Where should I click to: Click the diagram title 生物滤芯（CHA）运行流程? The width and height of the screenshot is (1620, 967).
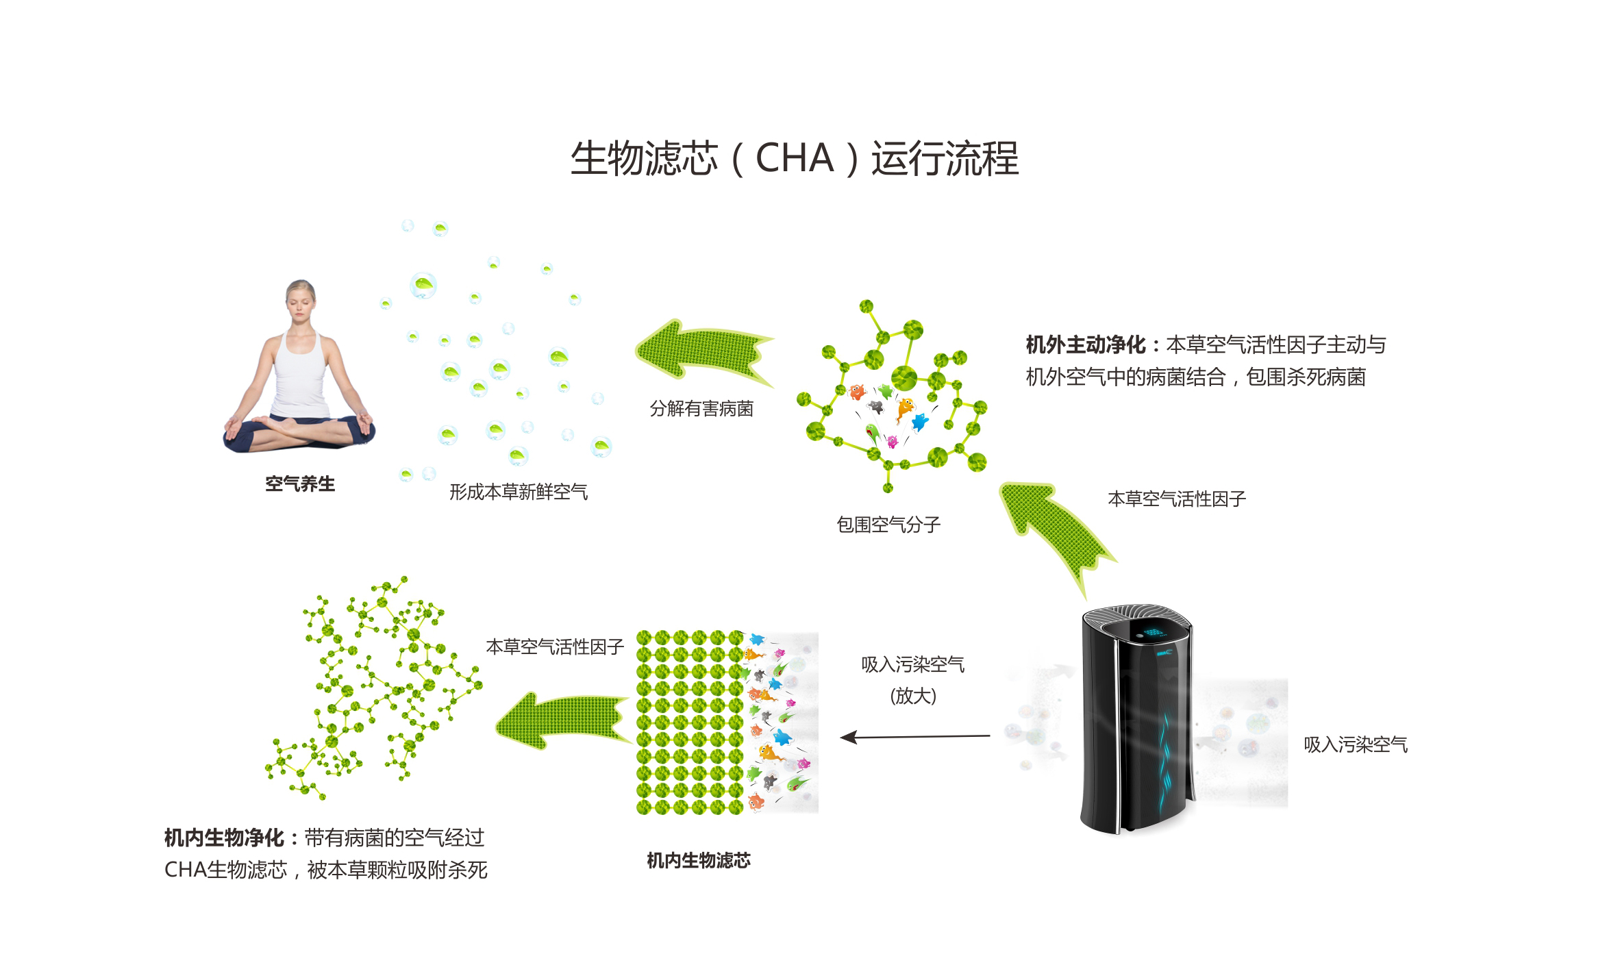(x=795, y=159)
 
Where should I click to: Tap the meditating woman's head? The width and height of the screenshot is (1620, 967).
(x=300, y=300)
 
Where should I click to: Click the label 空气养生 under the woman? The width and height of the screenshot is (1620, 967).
(x=300, y=484)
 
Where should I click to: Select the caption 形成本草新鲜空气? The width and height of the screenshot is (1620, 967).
(x=519, y=492)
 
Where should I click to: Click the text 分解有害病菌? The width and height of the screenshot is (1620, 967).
(x=701, y=409)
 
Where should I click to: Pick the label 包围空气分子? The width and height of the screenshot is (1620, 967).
(x=888, y=525)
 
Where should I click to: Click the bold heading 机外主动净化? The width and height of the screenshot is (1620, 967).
(x=1085, y=344)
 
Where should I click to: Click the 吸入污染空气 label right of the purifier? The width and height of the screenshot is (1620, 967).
(x=1356, y=744)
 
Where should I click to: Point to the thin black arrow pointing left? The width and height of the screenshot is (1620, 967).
(x=914, y=737)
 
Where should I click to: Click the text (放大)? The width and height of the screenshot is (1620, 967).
(x=913, y=696)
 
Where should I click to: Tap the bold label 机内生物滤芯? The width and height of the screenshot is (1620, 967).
(x=699, y=860)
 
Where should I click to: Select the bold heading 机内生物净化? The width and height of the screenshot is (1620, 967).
(x=224, y=838)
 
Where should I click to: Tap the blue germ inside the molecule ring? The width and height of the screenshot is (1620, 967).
(x=919, y=421)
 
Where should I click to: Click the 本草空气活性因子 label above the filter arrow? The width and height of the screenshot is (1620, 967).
(x=555, y=646)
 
